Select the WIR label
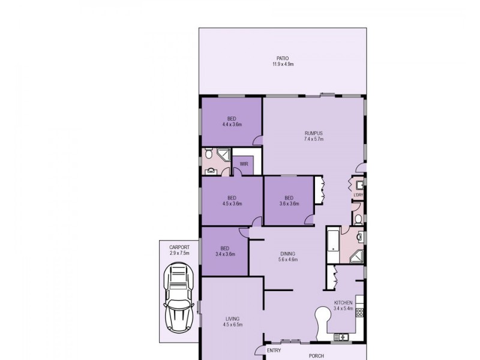[244, 163]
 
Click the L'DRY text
[358, 195]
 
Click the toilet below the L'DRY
[358, 220]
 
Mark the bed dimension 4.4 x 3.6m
[231, 124]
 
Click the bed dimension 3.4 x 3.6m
[225, 254]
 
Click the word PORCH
[316, 355]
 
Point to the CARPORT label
[179, 247]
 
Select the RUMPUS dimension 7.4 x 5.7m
[313, 139]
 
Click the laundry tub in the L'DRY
[360, 185]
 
